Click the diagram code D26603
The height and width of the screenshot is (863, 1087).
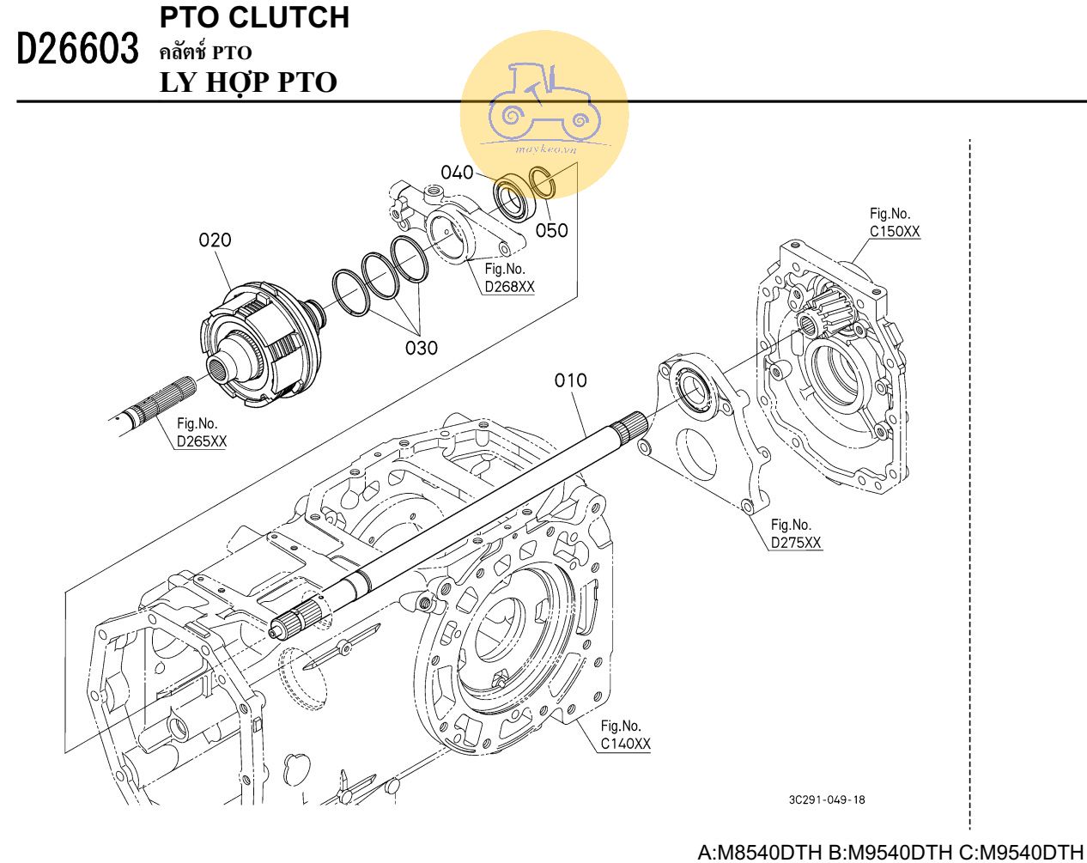click(77, 50)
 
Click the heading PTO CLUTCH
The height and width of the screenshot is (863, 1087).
click(255, 17)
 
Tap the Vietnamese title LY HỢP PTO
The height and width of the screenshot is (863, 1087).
click(248, 82)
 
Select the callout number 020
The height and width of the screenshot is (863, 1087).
click(215, 240)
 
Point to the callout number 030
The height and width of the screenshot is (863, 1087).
click(421, 348)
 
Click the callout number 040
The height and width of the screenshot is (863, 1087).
click(457, 173)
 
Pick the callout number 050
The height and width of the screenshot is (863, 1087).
click(551, 230)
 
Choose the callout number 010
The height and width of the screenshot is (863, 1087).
click(570, 380)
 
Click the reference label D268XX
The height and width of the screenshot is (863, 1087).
click(509, 287)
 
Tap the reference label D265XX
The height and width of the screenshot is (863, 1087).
click(202, 441)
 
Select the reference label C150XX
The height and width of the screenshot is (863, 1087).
click(895, 231)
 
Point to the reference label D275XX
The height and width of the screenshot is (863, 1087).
click(796, 543)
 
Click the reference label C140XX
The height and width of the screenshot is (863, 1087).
click(626, 744)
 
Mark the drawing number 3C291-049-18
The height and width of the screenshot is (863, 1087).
click(827, 799)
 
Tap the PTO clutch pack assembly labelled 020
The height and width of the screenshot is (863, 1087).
click(262, 343)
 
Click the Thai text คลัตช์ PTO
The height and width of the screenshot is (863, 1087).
click(206, 52)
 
